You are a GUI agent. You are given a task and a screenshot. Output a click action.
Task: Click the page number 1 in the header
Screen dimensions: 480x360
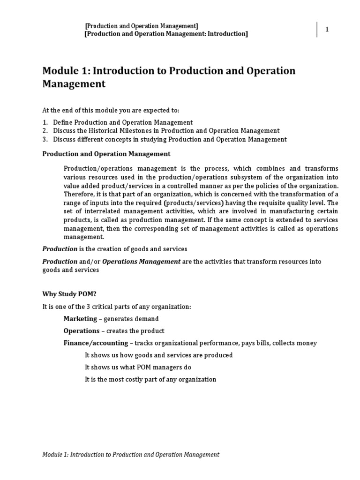(x=327, y=30)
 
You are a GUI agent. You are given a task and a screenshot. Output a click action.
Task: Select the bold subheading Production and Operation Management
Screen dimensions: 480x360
(x=106, y=154)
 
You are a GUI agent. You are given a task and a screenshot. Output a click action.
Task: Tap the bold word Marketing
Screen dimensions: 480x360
(x=80, y=319)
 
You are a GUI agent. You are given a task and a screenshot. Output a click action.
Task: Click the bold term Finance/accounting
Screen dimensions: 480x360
(x=96, y=343)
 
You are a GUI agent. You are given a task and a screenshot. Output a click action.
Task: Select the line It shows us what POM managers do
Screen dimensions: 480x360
(x=138, y=367)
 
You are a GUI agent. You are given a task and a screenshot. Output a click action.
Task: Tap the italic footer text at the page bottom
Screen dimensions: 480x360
(x=131, y=454)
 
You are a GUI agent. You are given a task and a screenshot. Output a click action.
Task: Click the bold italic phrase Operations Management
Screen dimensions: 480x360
(x=141, y=262)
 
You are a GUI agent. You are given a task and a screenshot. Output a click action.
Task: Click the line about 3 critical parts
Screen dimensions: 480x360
(x=117, y=307)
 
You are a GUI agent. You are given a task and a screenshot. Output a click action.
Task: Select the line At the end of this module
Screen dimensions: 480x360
(x=111, y=110)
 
